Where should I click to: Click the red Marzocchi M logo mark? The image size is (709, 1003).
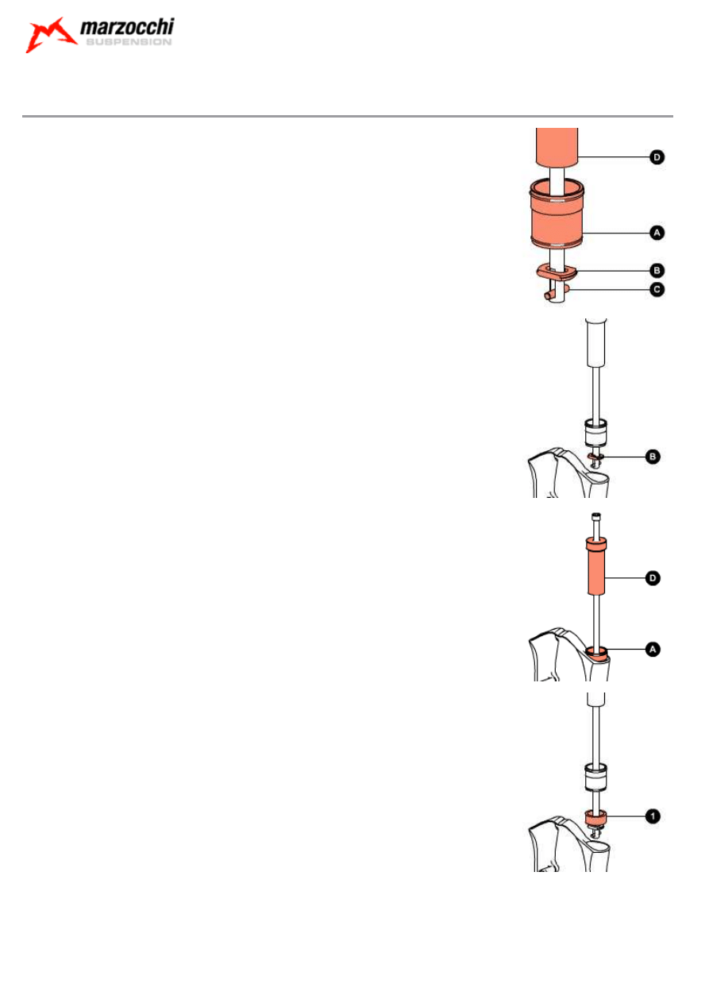(x=50, y=35)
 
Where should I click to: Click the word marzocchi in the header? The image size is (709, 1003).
(x=127, y=27)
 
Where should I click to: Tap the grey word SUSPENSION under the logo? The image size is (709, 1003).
(x=129, y=42)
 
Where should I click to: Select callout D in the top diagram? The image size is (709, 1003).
(x=657, y=157)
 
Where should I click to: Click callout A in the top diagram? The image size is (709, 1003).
(x=657, y=233)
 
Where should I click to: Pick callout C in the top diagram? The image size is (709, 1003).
(x=657, y=289)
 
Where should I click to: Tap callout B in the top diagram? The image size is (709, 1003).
(x=657, y=271)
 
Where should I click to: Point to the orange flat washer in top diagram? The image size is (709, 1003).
(x=557, y=272)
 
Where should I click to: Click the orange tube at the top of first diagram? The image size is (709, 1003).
(x=557, y=148)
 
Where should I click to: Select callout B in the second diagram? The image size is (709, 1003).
(x=653, y=457)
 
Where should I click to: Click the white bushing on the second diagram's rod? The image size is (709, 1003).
(x=596, y=433)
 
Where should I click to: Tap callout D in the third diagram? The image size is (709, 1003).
(x=653, y=578)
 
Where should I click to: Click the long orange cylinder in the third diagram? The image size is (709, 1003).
(x=595, y=566)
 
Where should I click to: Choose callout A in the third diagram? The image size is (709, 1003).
(x=653, y=650)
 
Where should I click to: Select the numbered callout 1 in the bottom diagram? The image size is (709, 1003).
(x=653, y=816)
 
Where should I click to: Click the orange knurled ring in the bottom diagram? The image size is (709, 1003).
(x=596, y=816)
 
